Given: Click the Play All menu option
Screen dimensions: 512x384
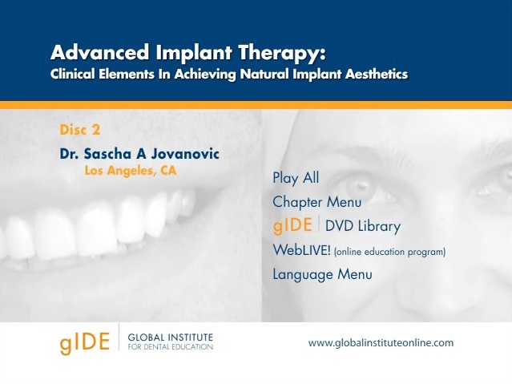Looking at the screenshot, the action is pyautogui.click(x=296, y=179).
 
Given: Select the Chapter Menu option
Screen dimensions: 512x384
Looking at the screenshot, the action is pyautogui.click(x=317, y=202).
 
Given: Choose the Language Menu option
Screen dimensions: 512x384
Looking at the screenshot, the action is pyautogui.click(x=322, y=274).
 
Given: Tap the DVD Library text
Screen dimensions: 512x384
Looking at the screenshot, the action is pyautogui.click(x=363, y=226).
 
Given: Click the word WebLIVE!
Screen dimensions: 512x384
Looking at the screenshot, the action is pyautogui.click(x=302, y=250).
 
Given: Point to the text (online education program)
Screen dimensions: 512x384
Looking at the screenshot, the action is pyautogui.click(x=390, y=252).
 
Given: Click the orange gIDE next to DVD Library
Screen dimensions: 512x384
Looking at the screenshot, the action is pyautogui.click(x=292, y=225).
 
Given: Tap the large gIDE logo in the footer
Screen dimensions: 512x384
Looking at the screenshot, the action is pyautogui.click(x=85, y=342).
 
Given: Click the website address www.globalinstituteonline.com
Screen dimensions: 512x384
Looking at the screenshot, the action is pyautogui.click(x=381, y=343).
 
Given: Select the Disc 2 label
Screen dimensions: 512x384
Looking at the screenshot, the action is pyautogui.click(x=79, y=130).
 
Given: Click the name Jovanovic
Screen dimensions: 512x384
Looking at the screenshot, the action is pyautogui.click(x=185, y=154).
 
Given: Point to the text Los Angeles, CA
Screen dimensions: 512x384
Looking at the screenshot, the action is pyautogui.click(x=131, y=171).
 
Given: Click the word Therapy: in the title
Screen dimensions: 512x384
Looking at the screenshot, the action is pyautogui.click(x=282, y=53).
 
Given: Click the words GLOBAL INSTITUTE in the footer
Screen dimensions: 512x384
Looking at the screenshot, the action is pyautogui.click(x=171, y=337).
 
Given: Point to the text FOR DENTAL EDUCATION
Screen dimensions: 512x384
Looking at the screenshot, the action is pyautogui.click(x=171, y=347).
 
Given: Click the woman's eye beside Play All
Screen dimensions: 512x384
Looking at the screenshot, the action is pyautogui.click(x=359, y=188).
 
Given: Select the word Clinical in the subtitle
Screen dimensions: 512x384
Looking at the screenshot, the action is pyautogui.click(x=73, y=74).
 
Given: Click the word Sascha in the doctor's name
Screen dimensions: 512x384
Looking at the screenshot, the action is pyautogui.click(x=107, y=154).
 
